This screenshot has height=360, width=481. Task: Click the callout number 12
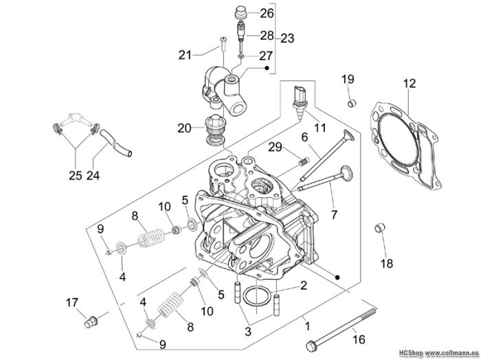[410, 83]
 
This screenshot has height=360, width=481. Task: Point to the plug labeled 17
[91, 322]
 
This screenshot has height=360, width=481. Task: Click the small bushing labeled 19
[352, 103]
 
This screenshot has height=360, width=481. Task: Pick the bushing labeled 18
[380, 228]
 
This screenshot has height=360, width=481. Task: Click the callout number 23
[287, 38]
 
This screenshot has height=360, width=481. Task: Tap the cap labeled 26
[240, 14]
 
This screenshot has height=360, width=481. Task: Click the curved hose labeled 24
[115, 143]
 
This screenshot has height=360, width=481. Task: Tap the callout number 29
[275, 147]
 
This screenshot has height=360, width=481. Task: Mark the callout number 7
[335, 214]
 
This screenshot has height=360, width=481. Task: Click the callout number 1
[308, 326]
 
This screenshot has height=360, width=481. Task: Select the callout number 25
[76, 175]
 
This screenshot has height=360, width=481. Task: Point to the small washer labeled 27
[241, 56]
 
